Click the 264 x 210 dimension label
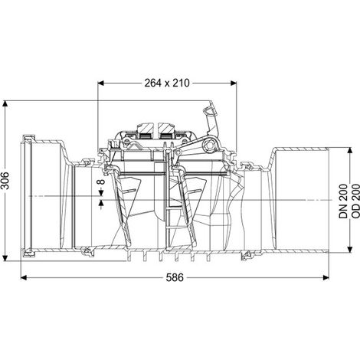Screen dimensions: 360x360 (x=167, y=83)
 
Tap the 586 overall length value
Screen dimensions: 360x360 (x=175, y=277)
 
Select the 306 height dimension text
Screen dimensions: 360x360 (x=5, y=181)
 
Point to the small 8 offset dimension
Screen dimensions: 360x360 (x=101, y=182)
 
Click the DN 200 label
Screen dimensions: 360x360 (x=343, y=201)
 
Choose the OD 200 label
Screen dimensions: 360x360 (x=355, y=201)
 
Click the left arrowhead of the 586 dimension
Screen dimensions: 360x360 (x=24, y=277)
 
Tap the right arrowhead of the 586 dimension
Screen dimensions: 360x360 (x=326, y=277)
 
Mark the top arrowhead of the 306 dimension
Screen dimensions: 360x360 (x=5, y=103)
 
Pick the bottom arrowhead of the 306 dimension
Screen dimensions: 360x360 (x=5, y=258)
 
